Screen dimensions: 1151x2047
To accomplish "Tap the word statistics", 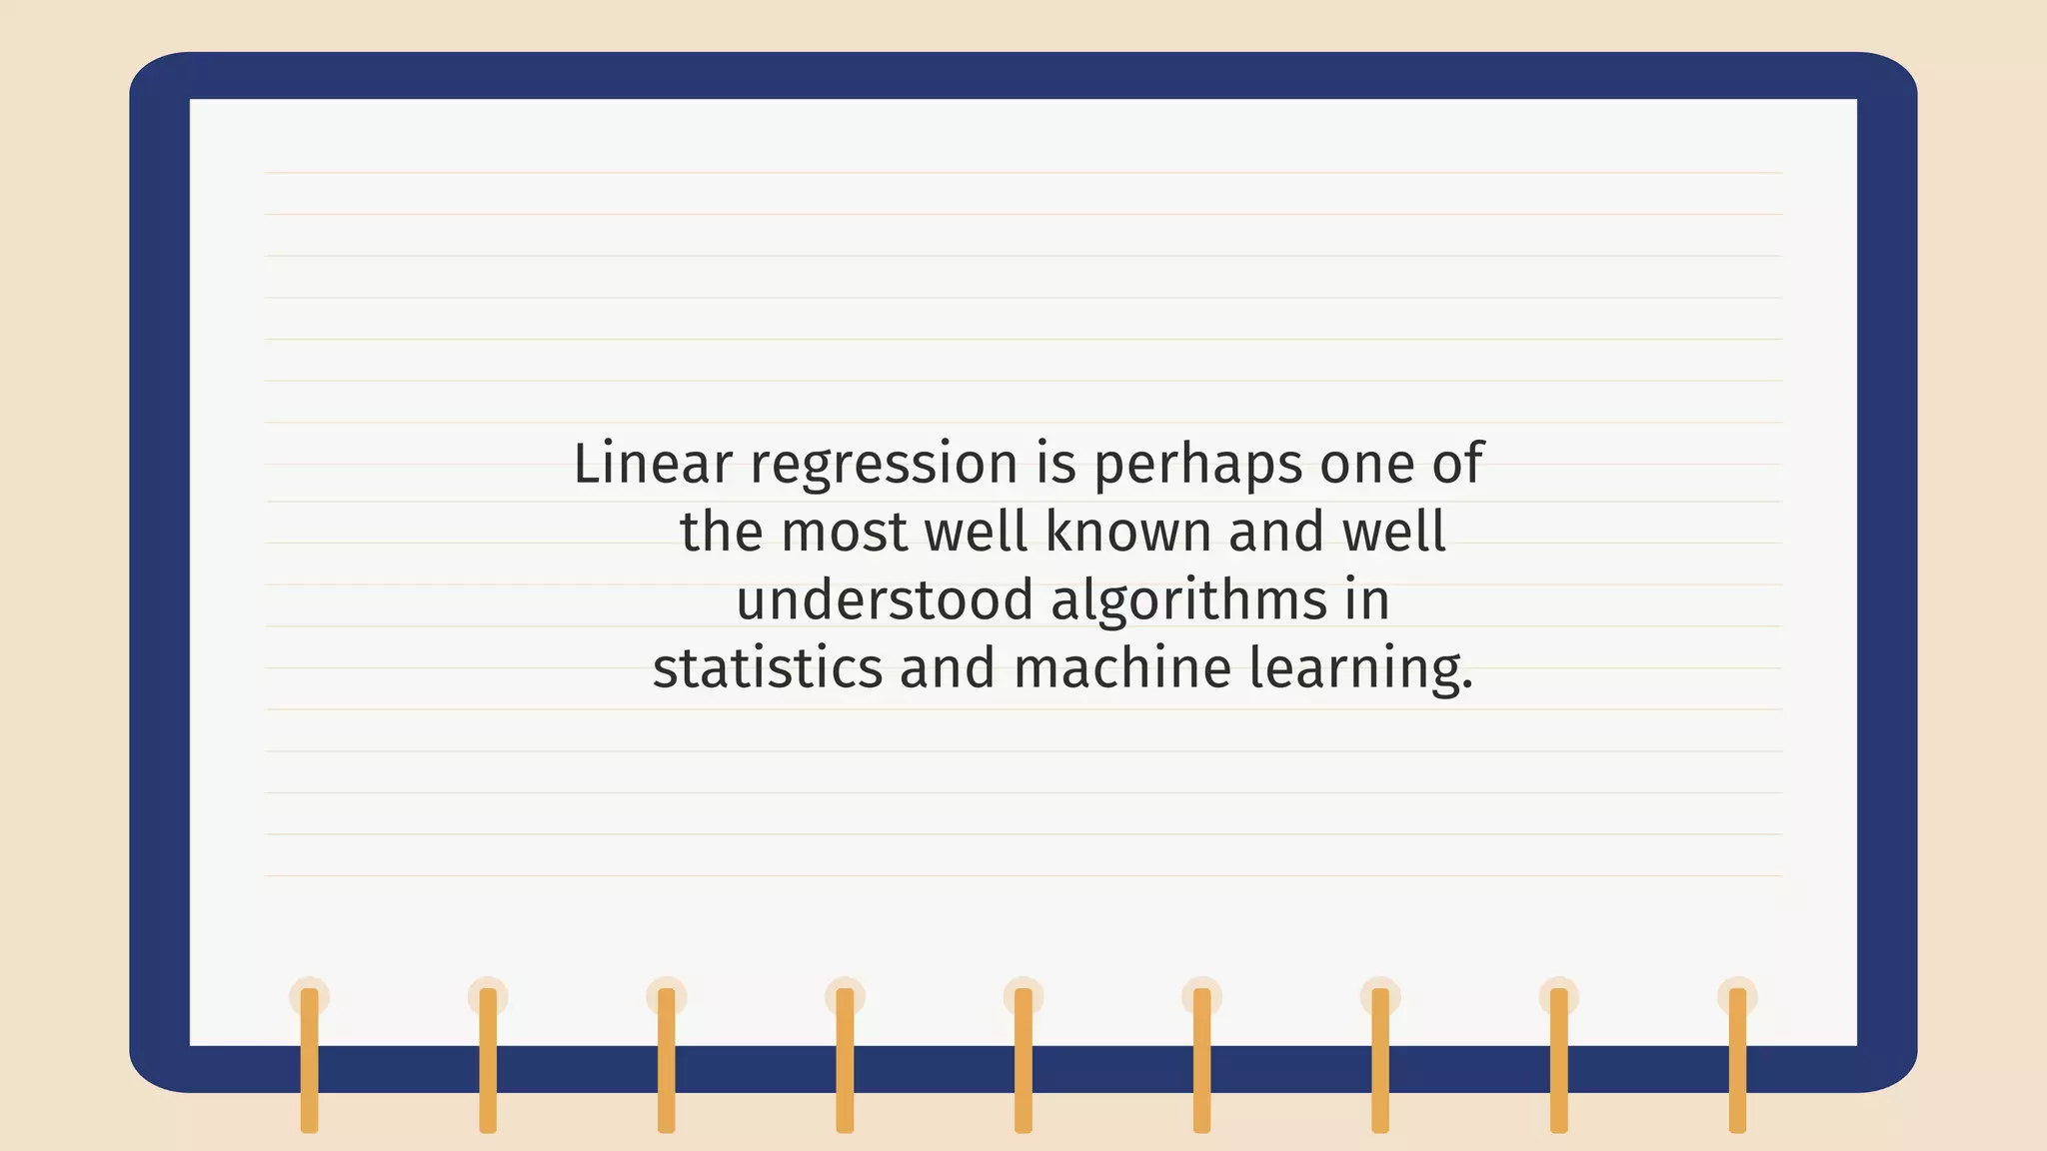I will pyautogui.click(x=768, y=667).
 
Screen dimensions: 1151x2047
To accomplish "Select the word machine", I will pyautogui.click(x=1121, y=667).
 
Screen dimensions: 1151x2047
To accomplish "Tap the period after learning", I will pyautogui.click(x=1467, y=686).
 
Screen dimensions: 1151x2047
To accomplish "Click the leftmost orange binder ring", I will pyautogui.click(x=310, y=1059).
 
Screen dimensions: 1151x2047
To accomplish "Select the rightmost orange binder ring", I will pyautogui.click(x=1737, y=1059).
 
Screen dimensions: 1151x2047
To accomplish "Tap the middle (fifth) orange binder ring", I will pyautogui.click(x=1023, y=1059).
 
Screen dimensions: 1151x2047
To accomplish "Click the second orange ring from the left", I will pyautogui.click(x=488, y=1059).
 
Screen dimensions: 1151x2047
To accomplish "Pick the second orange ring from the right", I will pyautogui.click(x=1559, y=1059).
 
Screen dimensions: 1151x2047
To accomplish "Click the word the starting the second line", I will pyautogui.click(x=722, y=532).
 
